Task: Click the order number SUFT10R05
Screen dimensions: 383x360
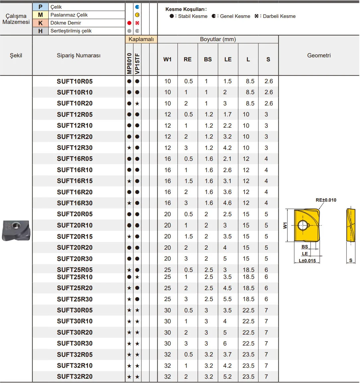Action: click(75, 81)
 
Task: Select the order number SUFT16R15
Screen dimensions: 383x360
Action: click(75, 181)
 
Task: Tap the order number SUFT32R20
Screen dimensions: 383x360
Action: click(75, 377)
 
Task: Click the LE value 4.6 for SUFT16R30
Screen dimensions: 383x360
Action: click(227, 203)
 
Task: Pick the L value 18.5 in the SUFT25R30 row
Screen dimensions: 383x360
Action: click(248, 299)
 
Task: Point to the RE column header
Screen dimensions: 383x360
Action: click(187, 59)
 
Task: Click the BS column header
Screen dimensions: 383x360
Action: click(208, 59)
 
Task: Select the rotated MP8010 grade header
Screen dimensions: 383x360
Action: click(129, 64)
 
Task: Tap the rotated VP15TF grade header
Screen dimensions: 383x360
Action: click(137, 64)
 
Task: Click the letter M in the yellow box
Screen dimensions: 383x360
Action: click(40, 15)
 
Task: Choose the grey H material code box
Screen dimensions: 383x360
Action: click(40, 31)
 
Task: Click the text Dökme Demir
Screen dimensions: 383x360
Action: click(66, 23)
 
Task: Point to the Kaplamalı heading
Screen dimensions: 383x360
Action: click(141, 39)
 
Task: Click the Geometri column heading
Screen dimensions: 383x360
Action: click(319, 55)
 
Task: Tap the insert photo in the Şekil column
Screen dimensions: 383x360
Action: click(16, 230)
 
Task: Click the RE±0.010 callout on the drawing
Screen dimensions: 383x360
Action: click(326, 200)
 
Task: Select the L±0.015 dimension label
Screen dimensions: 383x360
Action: click(307, 261)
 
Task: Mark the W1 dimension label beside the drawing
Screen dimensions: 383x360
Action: click(285, 225)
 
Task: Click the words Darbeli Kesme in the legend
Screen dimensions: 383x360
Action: click(279, 16)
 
